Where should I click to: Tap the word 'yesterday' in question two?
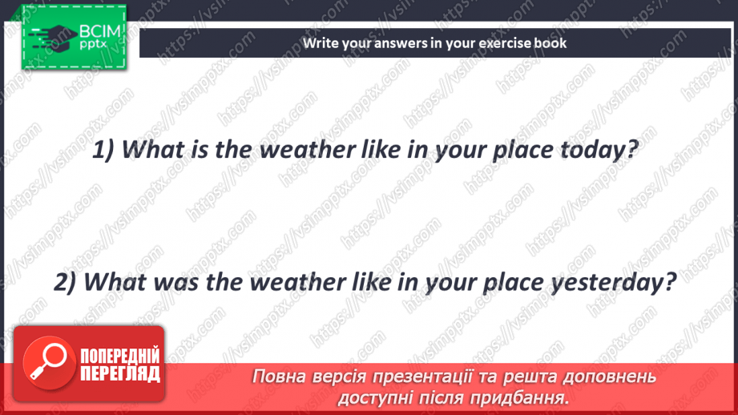click(615, 282)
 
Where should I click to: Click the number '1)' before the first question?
click(106, 150)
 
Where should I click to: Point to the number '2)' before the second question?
click(67, 282)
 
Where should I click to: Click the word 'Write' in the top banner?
click(321, 43)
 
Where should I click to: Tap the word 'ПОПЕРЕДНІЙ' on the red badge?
click(119, 356)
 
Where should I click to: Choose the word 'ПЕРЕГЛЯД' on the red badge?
click(119, 373)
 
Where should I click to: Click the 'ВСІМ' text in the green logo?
click(99, 32)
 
